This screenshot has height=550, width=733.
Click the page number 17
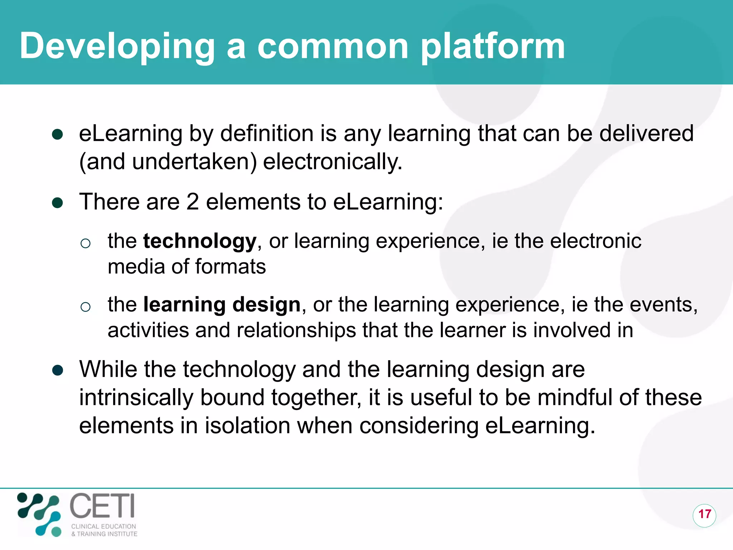(x=704, y=514)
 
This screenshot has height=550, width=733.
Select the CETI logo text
(x=102, y=506)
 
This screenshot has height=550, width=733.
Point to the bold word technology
(x=200, y=241)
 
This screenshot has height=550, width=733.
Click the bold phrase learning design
(x=222, y=305)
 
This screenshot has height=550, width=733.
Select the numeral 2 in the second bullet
(x=193, y=202)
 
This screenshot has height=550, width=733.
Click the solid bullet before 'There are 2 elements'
(x=58, y=203)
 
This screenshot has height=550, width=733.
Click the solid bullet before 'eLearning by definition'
(x=58, y=135)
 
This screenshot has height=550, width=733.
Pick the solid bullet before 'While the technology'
(x=58, y=370)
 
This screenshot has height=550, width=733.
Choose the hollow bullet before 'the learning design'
(x=86, y=307)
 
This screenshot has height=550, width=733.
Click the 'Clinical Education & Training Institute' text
(x=104, y=530)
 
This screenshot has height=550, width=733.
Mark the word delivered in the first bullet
(x=646, y=134)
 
